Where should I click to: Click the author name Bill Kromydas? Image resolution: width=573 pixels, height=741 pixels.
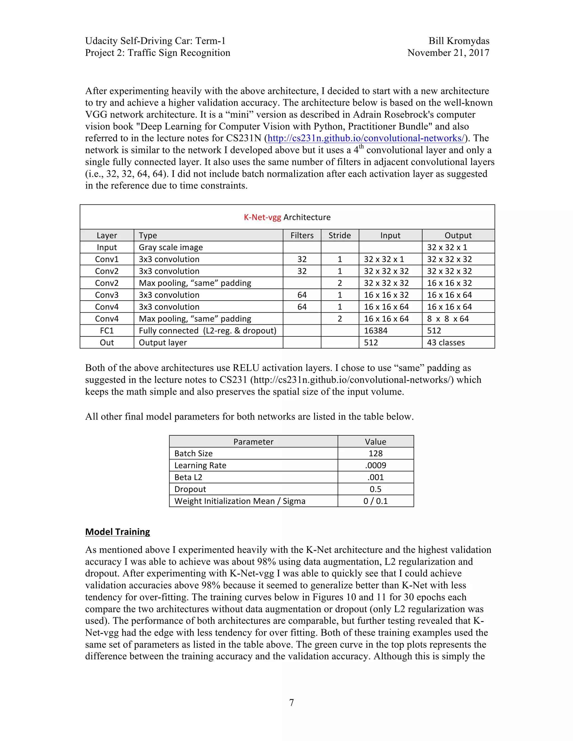click(459, 41)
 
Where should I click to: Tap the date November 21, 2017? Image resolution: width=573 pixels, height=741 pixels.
click(448, 53)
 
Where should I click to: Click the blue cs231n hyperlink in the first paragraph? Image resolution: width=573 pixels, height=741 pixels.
click(366, 138)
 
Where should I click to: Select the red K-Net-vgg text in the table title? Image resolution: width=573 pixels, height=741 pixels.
click(262, 217)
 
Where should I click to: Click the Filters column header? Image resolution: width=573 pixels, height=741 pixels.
click(302, 235)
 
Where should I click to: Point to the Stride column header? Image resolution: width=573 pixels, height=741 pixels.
click(339, 235)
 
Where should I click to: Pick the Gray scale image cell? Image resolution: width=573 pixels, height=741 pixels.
click(171, 247)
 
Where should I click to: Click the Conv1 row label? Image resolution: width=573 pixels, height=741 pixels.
click(107, 259)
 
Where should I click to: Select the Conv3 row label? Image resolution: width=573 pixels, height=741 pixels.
click(107, 295)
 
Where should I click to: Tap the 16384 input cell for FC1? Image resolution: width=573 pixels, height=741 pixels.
click(375, 331)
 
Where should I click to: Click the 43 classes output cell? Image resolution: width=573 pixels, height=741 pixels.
click(446, 343)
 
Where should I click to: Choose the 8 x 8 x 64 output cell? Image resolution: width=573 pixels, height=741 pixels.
click(448, 319)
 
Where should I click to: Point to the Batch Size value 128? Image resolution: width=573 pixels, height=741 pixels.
click(375, 454)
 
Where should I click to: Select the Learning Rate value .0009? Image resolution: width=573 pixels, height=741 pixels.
click(375, 466)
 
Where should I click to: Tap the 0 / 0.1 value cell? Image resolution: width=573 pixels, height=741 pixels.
click(375, 501)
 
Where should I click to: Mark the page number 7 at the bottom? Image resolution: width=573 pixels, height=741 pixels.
click(291, 702)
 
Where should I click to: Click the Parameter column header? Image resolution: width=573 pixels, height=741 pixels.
click(253, 442)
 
